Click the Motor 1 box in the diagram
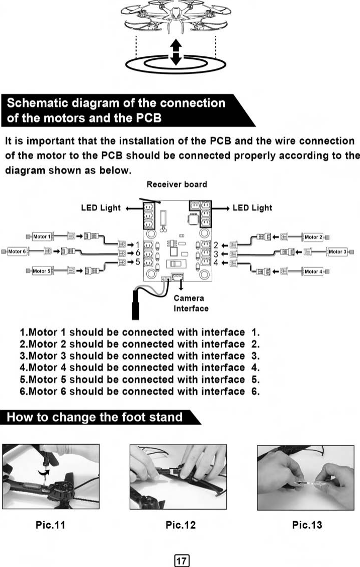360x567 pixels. click(x=42, y=236)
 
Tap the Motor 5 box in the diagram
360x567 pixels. click(x=42, y=271)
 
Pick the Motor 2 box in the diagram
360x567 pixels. click(x=312, y=236)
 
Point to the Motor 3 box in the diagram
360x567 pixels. click(x=337, y=252)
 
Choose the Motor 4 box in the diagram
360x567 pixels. click(x=312, y=272)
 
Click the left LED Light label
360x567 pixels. click(x=101, y=208)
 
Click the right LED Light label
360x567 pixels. click(x=252, y=208)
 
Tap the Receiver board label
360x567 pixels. click(x=176, y=184)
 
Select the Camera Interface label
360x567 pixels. click(x=191, y=303)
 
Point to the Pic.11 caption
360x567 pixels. click(x=50, y=525)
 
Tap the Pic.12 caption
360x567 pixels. click(x=181, y=525)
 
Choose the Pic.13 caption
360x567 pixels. click(x=307, y=525)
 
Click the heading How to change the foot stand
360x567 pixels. click(x=95, y=417)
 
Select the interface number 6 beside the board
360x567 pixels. click(x=137, y=252)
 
